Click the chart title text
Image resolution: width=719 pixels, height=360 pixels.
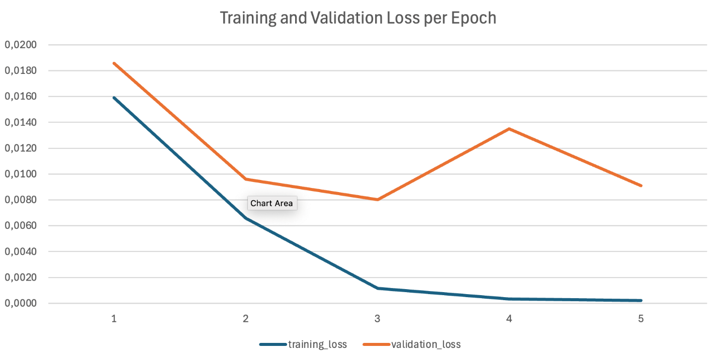click(358, 18)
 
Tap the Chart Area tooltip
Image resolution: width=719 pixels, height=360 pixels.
click(272, 203)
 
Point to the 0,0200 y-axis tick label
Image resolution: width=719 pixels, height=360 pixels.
click(21, 45)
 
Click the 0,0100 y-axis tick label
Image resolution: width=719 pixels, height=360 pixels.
click(21, 174)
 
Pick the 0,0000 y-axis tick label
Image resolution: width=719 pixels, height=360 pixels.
click(21, 303)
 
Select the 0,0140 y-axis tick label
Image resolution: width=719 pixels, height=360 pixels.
click(21, 122)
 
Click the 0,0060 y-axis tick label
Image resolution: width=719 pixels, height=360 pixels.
click(21, 226)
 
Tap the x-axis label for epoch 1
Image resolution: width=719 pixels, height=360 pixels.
click(114, 318)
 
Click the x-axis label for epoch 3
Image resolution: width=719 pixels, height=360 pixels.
click(377, 318)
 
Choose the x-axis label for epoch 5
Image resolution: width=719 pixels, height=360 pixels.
click(641, 318)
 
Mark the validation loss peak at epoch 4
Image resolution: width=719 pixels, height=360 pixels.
click(509, 129)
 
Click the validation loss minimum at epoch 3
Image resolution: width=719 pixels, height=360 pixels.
click(377, 200)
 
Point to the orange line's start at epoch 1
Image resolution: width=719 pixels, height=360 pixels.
click(114, 63)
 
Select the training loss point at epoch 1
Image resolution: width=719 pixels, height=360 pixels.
click(114, 98)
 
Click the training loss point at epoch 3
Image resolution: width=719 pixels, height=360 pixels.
click(377, 288)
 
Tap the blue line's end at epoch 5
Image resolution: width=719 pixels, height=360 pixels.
click(641, 300)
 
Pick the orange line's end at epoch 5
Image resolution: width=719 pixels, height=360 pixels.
click(641, 186)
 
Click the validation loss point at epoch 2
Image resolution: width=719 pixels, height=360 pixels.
click(246, 179)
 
